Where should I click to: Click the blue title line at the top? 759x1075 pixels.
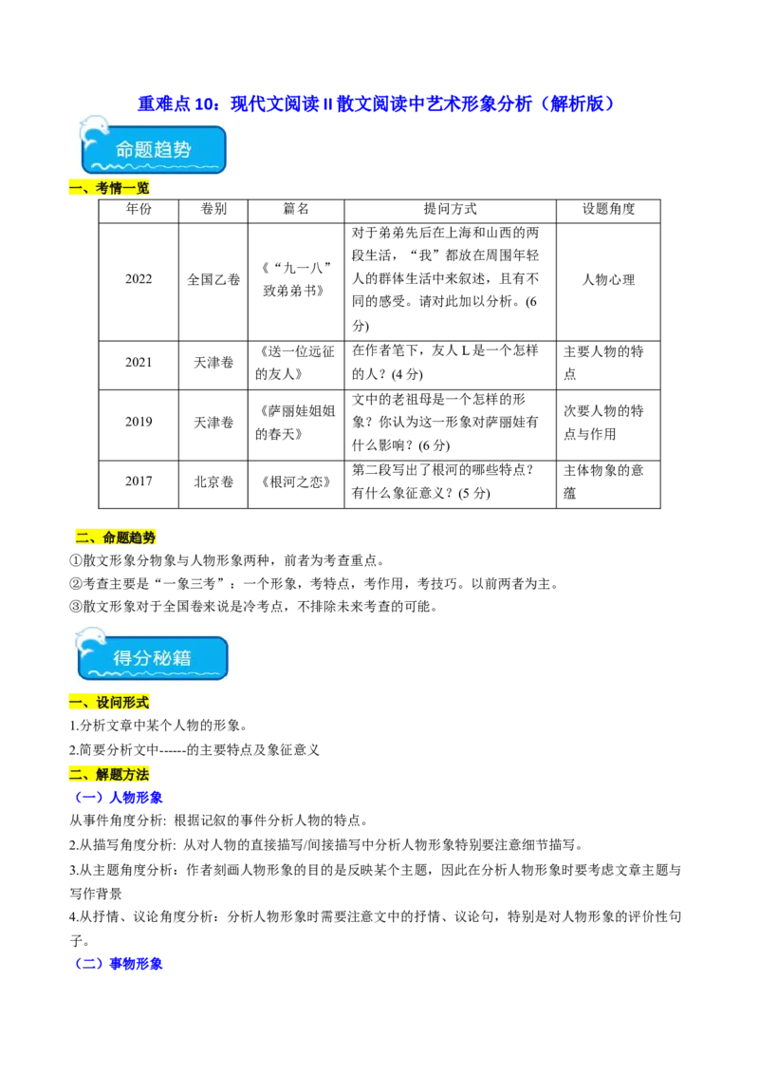[375, 103]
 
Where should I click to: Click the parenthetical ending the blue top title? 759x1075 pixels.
[577, 103]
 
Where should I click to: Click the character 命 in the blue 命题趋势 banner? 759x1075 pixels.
[126, 150]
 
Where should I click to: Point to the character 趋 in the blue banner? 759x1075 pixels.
[178, 150]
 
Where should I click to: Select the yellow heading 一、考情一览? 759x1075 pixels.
[110, 189]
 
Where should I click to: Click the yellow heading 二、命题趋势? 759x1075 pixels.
[116, 537]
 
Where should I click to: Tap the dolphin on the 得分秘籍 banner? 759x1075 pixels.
[91, 641]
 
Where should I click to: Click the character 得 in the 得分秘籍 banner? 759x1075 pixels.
[124, 658]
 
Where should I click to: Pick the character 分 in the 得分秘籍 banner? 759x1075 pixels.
[150, 658]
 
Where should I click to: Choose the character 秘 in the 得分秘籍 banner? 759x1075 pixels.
[176, 658]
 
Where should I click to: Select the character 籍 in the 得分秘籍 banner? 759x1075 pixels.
[201, 658]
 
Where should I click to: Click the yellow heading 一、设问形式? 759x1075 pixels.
[110, 704]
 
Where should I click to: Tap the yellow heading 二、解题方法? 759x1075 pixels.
[110, 774]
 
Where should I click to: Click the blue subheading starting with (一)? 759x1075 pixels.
[120, 798]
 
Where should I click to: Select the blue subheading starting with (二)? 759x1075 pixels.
[120, 964]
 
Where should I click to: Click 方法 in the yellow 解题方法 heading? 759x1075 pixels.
[137, 774]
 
